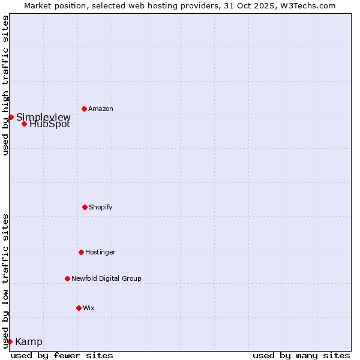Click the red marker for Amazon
(84, 109)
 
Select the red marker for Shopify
(85, 207)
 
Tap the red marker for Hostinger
(81, 252)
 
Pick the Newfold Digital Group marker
(67, 278)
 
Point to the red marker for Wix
(79, 308)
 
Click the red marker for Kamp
(10, 341)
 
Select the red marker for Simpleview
(11, 117)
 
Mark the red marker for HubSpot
(24, 124)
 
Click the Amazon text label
(101, 109)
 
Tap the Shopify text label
(101, 207)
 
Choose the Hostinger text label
(100, 252)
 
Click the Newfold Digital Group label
(106, 278)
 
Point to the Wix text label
(89, 308)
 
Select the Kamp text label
(29, 342)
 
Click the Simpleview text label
(43, 117)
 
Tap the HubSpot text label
(50, 125)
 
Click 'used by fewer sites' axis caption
(62, 355)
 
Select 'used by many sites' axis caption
(301, 355)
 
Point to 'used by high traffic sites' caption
(5, 86)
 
